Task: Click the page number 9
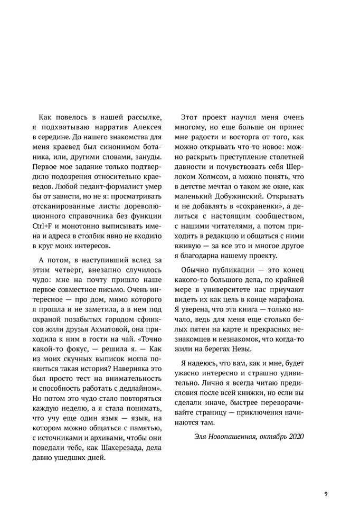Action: (x=326, y=494)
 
